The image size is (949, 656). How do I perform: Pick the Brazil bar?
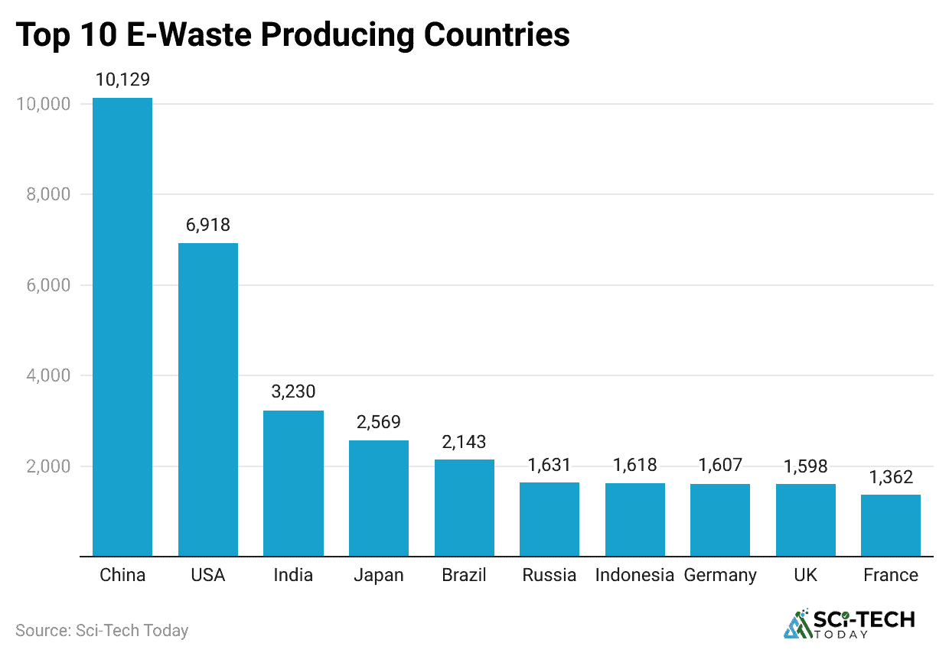(x=465, y=508)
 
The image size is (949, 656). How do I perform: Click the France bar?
(x=891, y=525)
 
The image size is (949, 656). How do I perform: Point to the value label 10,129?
(x=122, y=80)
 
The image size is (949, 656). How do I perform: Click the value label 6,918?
(x=208, y=225)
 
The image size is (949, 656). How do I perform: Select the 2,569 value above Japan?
(x=379, y=422)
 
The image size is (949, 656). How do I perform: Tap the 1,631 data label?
(x=550, y=465)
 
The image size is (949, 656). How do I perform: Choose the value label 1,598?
(x=806, y=466)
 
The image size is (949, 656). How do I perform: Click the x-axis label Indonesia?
(x=634, y=575)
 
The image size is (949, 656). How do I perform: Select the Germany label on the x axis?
(x=720, y=575)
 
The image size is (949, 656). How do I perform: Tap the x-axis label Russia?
(x=550, y=575)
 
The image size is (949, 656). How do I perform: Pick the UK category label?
(x=806, y=575)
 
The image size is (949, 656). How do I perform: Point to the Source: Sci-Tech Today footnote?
(x=102, y=631)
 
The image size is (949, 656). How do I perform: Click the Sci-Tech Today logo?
(x=850, y=624)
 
